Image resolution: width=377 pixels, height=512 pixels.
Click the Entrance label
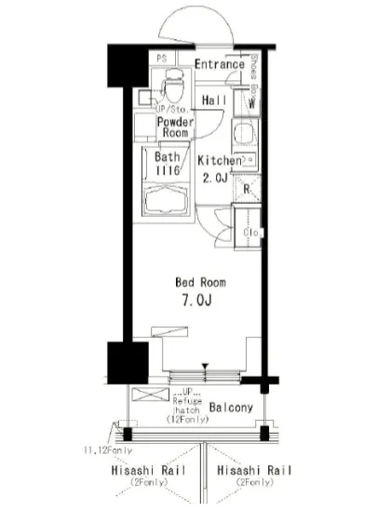(x=220, y=63)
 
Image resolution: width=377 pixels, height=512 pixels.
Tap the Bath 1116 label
(x=168, y=164)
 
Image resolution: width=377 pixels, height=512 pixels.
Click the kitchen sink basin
(x=244, y=134)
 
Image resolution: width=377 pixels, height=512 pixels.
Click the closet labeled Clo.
(x=249, y=231)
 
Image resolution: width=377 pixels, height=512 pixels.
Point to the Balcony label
(x=229, y=408)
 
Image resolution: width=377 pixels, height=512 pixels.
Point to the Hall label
(x=214, y=100)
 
